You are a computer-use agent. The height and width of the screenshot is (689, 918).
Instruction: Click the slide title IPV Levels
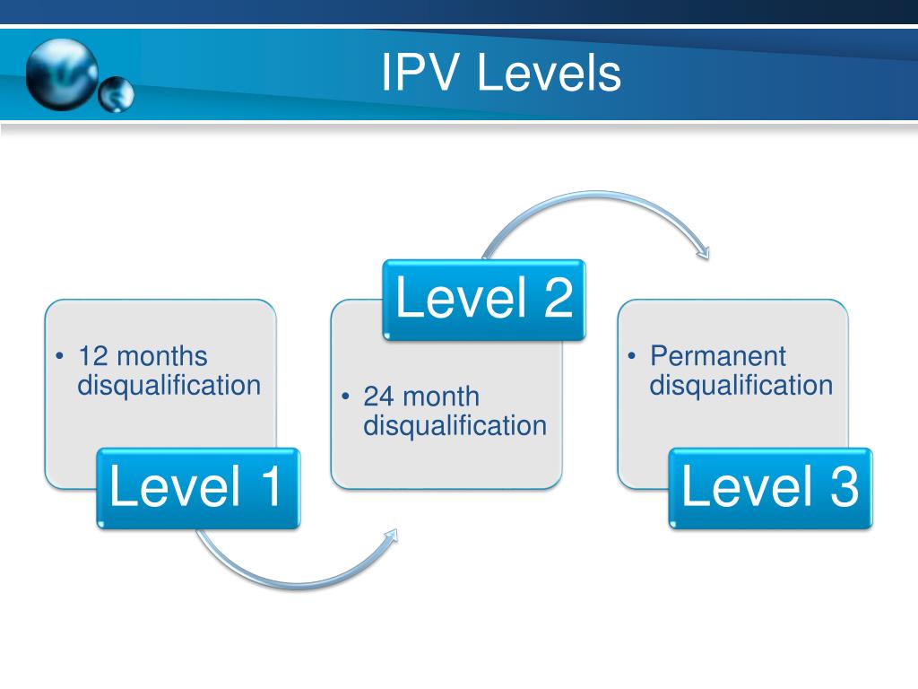point(500,74)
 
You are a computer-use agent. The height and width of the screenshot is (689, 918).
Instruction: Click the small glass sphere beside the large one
point(116,94)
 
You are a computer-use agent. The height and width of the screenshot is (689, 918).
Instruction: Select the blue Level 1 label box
point(197,487)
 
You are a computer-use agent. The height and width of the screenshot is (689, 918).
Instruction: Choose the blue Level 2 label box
point(484,299)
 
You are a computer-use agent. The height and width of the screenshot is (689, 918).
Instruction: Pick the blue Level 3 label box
point(770,487)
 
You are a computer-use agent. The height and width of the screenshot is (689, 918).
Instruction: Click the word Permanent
point(717,356)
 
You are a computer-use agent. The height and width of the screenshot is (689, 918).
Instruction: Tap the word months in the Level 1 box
point(161,356)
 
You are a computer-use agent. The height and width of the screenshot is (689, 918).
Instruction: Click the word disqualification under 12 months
point(169,386)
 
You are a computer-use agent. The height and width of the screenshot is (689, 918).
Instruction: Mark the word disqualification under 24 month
point(455,425)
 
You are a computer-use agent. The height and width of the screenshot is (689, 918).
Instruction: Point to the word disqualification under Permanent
point(741,386)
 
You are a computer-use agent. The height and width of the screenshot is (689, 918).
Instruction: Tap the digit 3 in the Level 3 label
point(843,487)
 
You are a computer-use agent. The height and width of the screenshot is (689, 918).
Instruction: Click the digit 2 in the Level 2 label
point(556,299)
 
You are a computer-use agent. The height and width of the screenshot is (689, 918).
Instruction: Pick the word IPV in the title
point(420,74)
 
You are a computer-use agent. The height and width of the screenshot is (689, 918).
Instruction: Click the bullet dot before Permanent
point(633,357)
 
